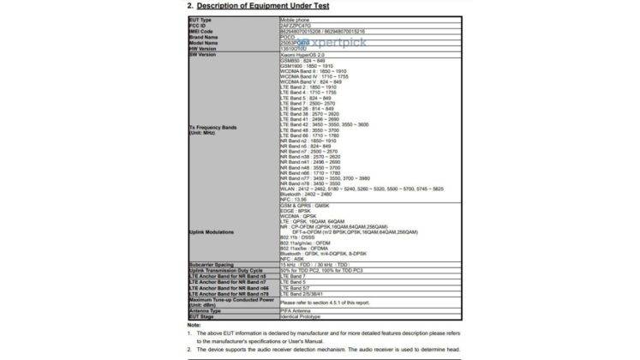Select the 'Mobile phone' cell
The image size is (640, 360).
(x=296, y=18)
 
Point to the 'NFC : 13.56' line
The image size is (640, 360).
(x=296, y=199)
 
